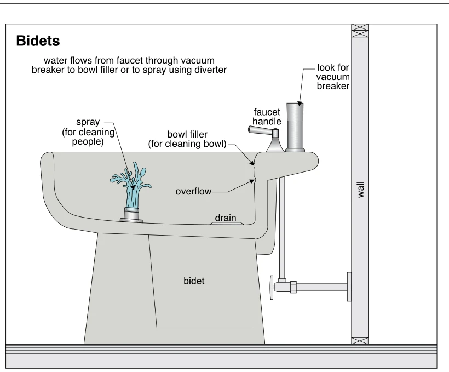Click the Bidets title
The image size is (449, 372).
pyautogui.click(x=38, y=41)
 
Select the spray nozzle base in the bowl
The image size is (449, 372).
pyautogui.click(x=131, y=215)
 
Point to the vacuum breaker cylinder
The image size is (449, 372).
pyautogui.click(x=295, y=127)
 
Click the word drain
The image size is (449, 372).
pyautogui.click(x=226, y=218)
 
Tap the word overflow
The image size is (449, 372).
pyautogui.click(x=193, y=191)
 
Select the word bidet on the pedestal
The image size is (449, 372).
pyautogui.click(x=194, y=281)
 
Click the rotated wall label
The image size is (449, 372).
pyautogui.click(x=360, y=190)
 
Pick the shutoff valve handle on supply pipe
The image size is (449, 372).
pyautogui.click(x=272, y=288)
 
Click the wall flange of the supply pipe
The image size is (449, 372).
pyautogui.click(x=349, y=287)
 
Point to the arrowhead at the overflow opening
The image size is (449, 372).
pyautogui.click(x=252, y=181)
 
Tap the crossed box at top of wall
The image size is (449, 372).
pyautogui.click(x=360, y=31)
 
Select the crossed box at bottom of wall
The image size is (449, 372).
pyautogui.click(x=360, y=341)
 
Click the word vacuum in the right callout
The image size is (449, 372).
pyautogui.click(x=333, y=77)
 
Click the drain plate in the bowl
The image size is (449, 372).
pyautogui.click(x=227, y=224)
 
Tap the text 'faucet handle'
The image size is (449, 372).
pyautogui.click(x=267, y=117)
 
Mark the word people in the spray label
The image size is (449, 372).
pyautogui.click(x=88, y=141)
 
